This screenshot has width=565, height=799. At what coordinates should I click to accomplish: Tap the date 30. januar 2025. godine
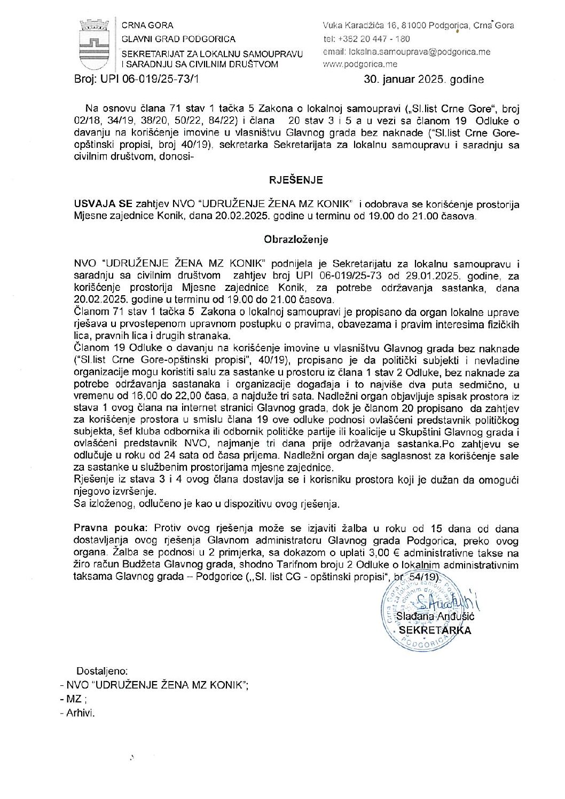click(x=424, y=80)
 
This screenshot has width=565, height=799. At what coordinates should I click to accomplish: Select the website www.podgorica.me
click(x=360, y=64)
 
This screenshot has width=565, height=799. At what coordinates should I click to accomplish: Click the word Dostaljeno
click(x=102, y=671)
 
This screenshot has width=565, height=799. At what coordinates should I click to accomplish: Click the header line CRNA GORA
click(x=147, y=25)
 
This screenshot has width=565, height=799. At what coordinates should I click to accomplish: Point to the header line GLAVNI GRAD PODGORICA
click(x=178, y=38)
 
